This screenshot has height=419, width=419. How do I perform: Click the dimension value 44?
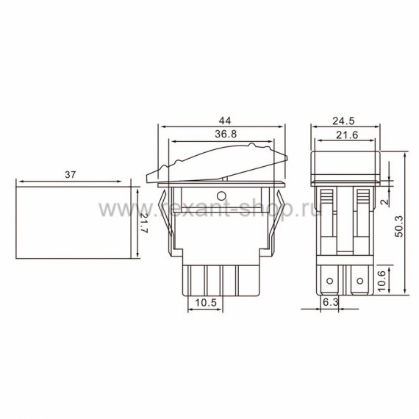pyautogui.click(x=225, y=121)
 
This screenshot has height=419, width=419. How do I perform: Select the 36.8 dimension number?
pyautogui.click(x=226, y=134)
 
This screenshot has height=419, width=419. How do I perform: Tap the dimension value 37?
pyautogui.click(x=71, y=175)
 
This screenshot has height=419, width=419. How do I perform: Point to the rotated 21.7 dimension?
pyautogui.click(x=144, y=223)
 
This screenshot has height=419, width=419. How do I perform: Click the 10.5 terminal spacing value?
pyautogui.click(x=206, y=303)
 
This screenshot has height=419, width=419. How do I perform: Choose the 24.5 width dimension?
pyautogui.click(x=343, y=121)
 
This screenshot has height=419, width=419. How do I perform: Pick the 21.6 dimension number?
pyautogui.click(x=347, y=135)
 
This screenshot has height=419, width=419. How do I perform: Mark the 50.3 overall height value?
pyautogui.click(x=399, y=226)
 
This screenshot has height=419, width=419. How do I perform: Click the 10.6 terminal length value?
pyautogui.click(x=382, y=281)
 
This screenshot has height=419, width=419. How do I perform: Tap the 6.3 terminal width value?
pyautogui.click(x=331, y=302)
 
